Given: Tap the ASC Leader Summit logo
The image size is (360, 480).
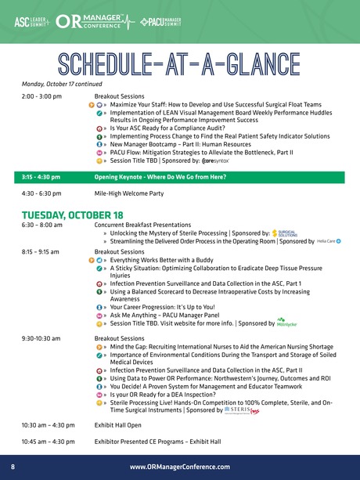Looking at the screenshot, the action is (x=32, y=21).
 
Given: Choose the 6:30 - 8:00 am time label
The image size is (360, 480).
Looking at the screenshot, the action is (x=41, y=225).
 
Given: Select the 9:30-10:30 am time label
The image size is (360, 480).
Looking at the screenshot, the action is (x=41, y=337).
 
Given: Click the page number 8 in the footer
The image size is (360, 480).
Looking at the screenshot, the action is (x=13, y=467).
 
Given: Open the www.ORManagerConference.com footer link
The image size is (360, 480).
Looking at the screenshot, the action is (x=179, y=467).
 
